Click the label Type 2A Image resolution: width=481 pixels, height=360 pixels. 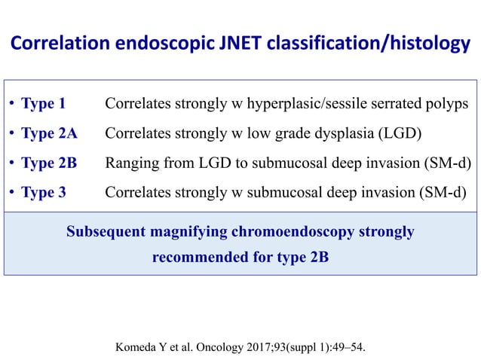coord(49,134)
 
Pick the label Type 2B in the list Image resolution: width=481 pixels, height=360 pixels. coord(49,163)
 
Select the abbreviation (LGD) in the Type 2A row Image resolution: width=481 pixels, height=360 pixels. coord(397,134)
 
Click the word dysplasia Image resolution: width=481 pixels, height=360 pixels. coord(334,134)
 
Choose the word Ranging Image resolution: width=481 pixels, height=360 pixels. coord(130,163)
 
